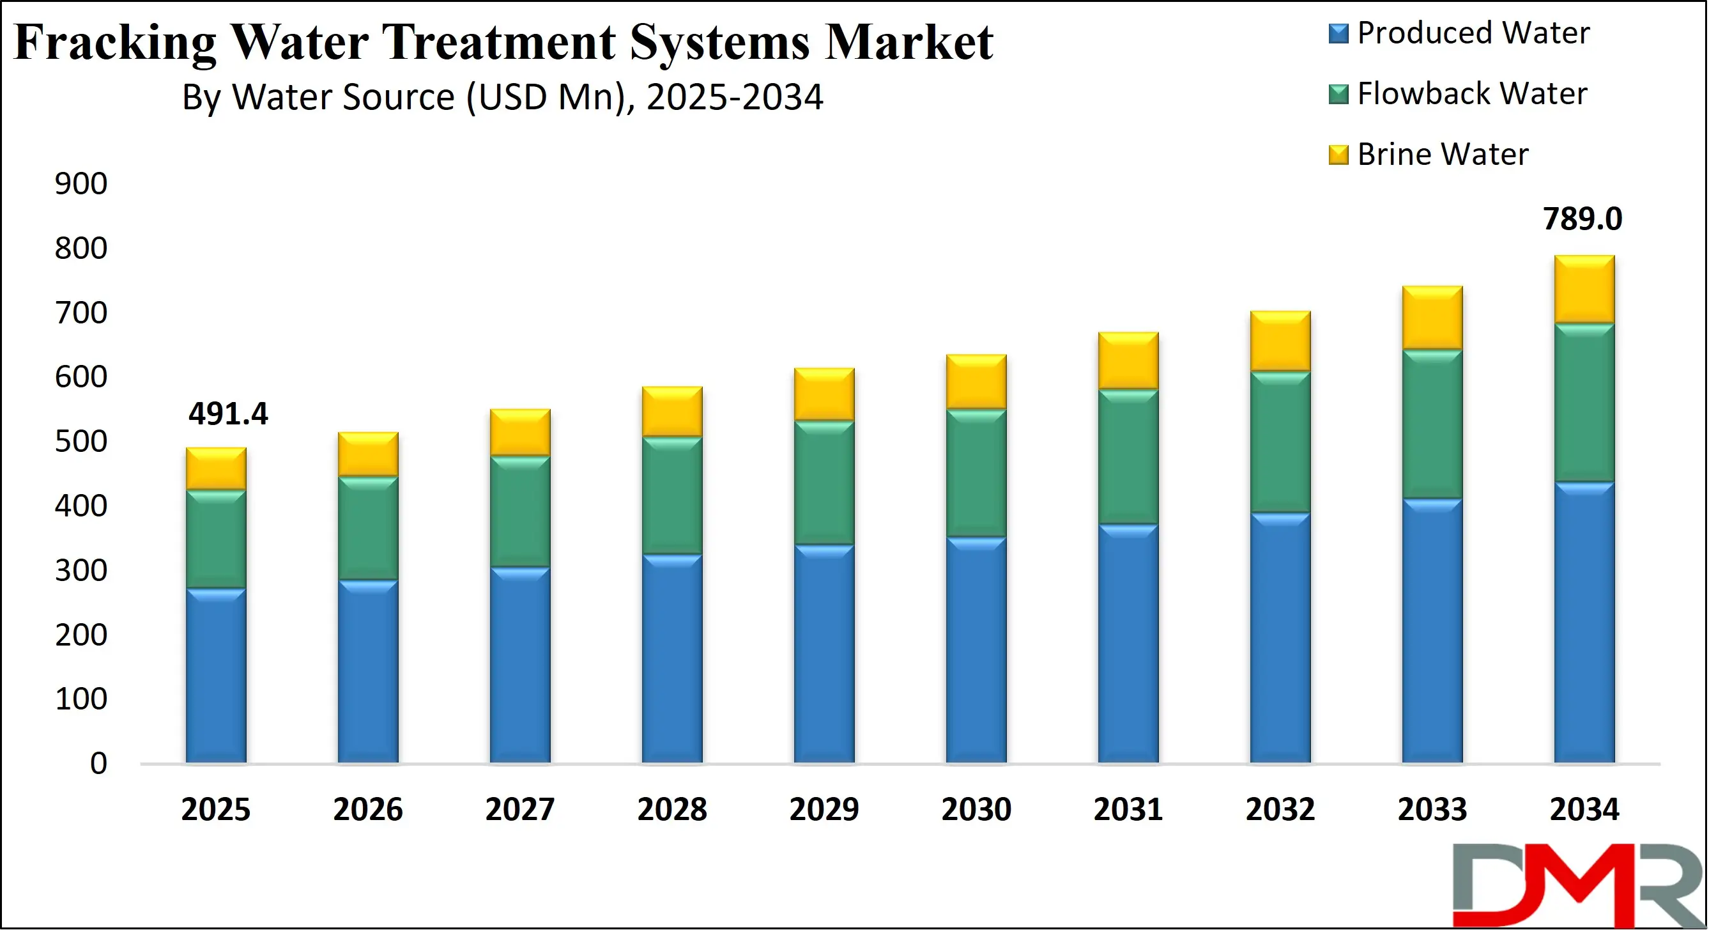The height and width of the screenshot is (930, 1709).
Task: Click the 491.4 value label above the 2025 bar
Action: click(227, 414)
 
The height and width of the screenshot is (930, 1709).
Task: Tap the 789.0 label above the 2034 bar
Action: click(1582, 219)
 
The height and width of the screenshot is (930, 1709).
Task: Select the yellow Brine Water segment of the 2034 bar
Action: click(1584, 290)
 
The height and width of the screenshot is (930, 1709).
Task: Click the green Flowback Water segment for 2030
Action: click(976, 473)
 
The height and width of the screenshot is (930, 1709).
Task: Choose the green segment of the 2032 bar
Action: click(1280, 442)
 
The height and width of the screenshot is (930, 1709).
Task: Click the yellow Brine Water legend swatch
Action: click(1338, 155)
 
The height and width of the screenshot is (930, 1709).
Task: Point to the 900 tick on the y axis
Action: click(81, 184)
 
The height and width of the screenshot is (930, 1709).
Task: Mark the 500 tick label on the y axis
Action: click(81, 442)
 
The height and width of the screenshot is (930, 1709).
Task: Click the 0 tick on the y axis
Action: click(98, 763)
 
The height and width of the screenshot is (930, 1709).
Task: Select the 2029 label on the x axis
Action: click(824, 809)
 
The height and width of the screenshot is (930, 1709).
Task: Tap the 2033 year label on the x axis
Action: click(1432, 809)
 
